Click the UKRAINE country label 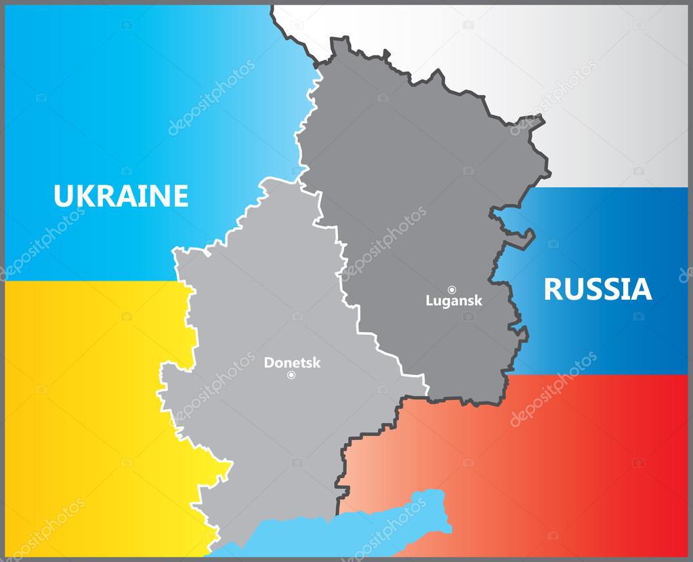click(121, 196)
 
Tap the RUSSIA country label click(597, 289)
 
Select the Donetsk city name click(292, 363)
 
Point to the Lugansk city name click(454, 300)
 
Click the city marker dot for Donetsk click(291, 375)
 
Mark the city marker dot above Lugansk click(452, 289)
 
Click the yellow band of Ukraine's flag click(81, 407)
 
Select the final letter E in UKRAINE click(180, 196)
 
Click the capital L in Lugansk click(429, 300)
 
